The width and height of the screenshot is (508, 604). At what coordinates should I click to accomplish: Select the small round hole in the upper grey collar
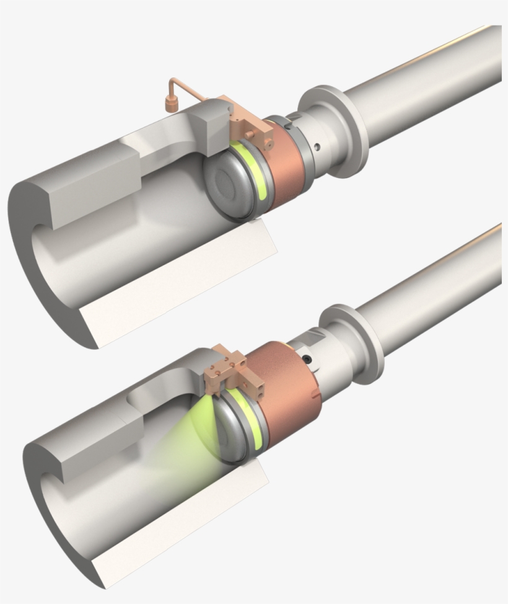click(317, 147)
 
